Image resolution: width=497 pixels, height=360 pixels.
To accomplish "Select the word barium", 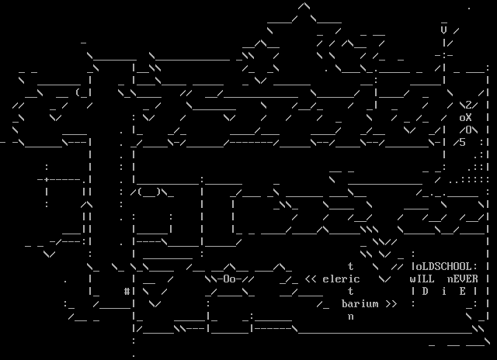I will [360, 304].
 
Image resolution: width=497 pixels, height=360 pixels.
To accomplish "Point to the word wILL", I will [422, 279].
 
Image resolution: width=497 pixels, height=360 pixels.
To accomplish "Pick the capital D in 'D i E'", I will [426, 291].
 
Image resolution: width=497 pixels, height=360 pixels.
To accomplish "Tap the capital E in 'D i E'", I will [463, 291].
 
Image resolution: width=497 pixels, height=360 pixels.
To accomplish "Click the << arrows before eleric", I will [311, 279].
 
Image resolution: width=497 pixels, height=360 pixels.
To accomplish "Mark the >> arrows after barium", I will [391, 304].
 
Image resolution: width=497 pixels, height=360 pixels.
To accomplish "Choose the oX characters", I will [466, 117].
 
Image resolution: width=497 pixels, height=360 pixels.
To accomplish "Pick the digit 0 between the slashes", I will [469, 130].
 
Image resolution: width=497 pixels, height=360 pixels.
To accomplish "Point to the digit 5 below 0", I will [463, 142].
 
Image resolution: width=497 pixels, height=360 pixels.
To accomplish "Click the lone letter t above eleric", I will [351, 266].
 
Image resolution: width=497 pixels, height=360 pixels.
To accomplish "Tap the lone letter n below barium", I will [351, 317].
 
